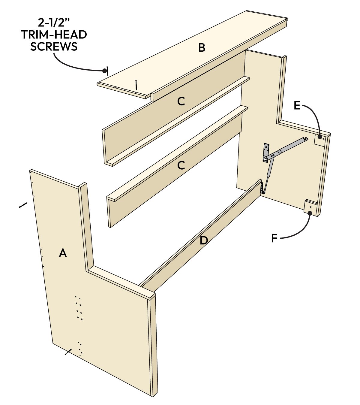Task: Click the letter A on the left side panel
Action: coord(62,253)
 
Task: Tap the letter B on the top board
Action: coord(202,47)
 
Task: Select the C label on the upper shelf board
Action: coord(181,102)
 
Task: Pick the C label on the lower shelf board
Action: coord(181,165)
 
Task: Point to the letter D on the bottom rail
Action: coord(204,240)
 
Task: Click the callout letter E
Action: coord(297,106)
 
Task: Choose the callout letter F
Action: coord(274,239)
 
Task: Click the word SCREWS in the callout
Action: coord(54,47)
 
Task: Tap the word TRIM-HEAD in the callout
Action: coord(54,35)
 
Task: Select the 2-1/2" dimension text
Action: coord(54,23)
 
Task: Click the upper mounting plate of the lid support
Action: coord(265,153)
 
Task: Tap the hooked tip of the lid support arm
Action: coord(305,138)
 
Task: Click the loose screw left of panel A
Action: coord(23,205)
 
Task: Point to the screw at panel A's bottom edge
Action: coord(68,352)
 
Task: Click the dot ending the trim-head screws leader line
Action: coord(104,71)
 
